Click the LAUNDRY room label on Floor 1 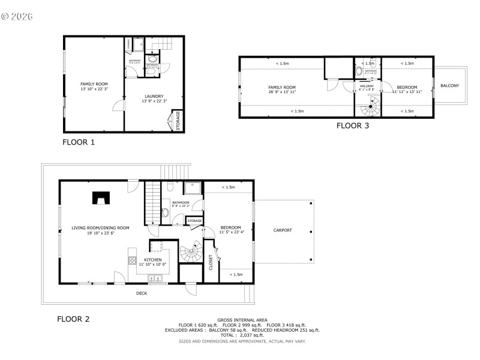tap(154, 96)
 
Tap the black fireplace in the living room tap(100, 198)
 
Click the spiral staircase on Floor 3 tap(370, 109)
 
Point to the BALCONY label tap(449, 86)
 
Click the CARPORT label tap(283, 230)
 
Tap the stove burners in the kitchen tap(132, 260)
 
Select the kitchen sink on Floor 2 tap(155, 278)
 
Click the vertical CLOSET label tap(211, 262)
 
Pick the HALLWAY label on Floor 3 tap(367, 86)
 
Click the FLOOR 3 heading tap(352, 126)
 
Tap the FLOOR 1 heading tap(79, 143)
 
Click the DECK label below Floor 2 tap(141, 293)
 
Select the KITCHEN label tap(153, 260)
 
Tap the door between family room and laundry tap(119, 106)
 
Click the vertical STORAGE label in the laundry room tap(178, 121)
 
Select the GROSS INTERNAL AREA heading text tap(242, 320)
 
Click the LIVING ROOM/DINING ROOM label tap(100, 228)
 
